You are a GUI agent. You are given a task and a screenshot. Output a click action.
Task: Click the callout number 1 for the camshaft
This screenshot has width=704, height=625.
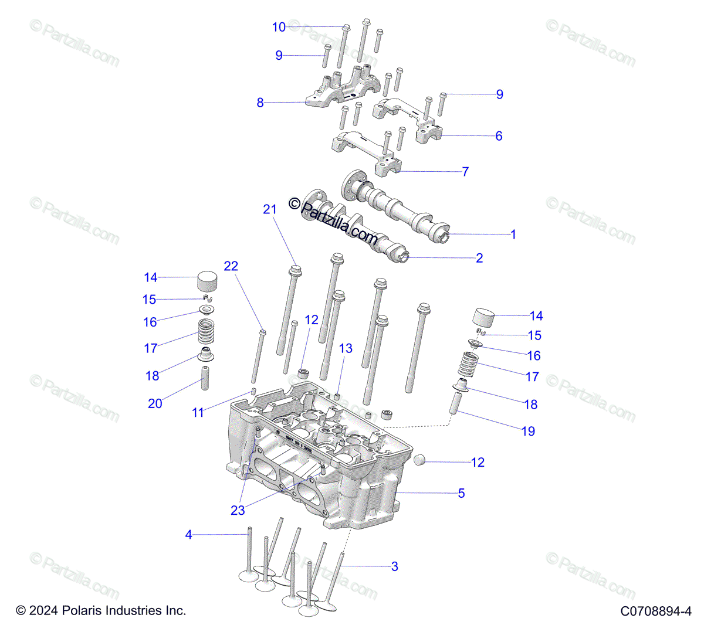[513, 235]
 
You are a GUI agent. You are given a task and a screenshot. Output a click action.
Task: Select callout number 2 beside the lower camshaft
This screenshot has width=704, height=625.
[479, 258]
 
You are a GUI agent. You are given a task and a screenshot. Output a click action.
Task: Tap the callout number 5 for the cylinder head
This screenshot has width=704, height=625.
[461, 493]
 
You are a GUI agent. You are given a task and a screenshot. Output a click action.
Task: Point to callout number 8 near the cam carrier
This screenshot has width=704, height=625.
[260, 103]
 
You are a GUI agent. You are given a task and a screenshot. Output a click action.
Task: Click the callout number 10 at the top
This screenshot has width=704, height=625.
[279, 27]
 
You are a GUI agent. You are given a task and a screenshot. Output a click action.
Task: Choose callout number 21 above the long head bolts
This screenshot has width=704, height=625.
[269, 209]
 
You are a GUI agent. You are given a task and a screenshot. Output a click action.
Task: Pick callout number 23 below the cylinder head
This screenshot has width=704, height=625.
[238, 510]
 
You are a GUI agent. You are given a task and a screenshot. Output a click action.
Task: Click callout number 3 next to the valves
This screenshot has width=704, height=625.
[395, 566]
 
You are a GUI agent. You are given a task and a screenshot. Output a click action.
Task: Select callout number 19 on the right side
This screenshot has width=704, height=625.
[528, 432]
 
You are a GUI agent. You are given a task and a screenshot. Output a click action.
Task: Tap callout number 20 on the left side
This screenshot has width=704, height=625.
[155, 403]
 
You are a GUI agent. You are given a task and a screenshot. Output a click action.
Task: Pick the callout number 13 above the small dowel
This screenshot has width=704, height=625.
[346, 348]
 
